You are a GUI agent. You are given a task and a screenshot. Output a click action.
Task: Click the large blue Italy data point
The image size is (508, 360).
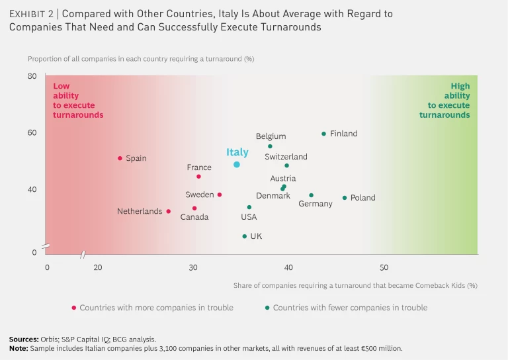pos(237,165)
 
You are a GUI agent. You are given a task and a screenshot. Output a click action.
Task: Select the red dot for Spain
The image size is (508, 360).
pos(120,158)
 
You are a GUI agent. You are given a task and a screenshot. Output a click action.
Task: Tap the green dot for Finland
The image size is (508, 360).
pos(323,134)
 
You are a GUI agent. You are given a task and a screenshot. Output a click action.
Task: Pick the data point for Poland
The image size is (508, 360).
pos(345,198)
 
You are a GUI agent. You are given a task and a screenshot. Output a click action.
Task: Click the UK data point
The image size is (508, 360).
pos(244,236)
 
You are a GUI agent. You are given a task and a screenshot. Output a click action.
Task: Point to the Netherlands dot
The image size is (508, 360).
pos(169,212)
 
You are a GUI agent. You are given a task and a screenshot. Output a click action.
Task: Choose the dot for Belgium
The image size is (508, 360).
pos(270,146)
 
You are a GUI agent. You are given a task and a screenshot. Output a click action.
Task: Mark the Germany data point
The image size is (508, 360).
pos(311,195)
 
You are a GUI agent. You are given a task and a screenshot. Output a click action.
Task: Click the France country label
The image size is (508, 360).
pos(199,167)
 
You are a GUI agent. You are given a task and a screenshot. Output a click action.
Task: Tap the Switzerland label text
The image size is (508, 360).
pos(286,157)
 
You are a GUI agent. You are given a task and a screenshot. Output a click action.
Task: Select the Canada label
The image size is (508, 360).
pos(194,217)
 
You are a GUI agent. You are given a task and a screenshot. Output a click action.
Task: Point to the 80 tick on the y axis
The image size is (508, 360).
pos(32,76)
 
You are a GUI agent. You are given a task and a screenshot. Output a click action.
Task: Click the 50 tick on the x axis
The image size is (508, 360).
pos(384,267)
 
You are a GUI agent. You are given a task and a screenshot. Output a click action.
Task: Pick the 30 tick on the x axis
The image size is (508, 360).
pos(192,267)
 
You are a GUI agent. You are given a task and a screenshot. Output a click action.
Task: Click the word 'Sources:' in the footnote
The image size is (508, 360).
pos(24,339)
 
